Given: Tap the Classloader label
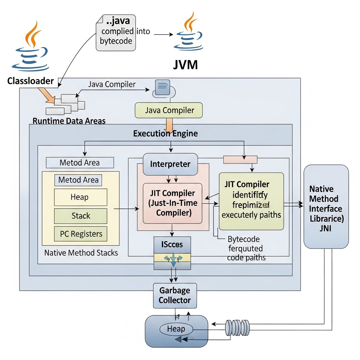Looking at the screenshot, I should pos(31,81).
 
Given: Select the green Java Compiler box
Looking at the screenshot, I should pos(169,110).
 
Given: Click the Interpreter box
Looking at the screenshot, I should pos(170,164).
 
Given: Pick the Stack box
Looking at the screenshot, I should pos(81,216).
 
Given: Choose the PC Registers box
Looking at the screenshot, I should pos(81,234).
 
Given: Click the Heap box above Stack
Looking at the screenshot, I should pos(81,197).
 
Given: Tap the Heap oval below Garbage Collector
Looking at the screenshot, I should pos(176,329).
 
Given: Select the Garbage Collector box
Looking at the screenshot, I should pos(175,296).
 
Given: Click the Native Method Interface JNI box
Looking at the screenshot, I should pos(326,206).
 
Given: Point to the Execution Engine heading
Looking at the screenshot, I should pos(165,134).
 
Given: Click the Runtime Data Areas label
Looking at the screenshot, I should pos(69,121).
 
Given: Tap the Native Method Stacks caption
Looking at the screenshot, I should pos(81,252).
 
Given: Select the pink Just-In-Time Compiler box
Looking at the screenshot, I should pos(172,203).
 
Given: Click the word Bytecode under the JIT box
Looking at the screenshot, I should pos(244,239).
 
